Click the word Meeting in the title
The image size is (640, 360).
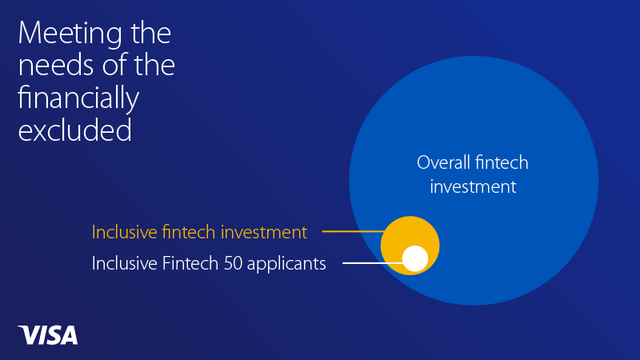(70, 34)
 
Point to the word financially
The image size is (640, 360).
(78, 98)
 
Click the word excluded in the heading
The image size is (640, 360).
(74, 129)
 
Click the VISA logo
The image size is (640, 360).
(48, 335)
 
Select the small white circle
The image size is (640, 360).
(415, 258)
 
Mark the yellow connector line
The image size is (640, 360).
(354, 231)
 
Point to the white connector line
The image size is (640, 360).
(373, 263)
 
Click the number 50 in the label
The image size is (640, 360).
(233, 263)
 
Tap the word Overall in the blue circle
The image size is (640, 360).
(443, 162)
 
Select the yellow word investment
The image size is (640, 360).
(264, 232)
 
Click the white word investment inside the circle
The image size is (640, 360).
(473, 187)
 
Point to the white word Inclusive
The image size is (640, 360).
(125, 263)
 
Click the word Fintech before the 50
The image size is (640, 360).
(190, 263)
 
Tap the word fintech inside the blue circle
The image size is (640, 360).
(502, 162)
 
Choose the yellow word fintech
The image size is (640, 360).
(189, 232)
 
